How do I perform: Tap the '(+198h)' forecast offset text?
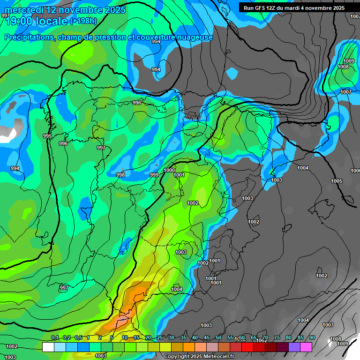(83, 21)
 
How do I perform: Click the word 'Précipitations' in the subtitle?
(29, 37)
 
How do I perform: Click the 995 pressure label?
(47, 136)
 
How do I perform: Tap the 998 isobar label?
(120, 175)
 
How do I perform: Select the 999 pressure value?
(154, 175)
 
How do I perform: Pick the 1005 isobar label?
(337, 181)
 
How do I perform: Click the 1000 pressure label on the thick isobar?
(169, 170)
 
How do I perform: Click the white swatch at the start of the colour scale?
(48, 347)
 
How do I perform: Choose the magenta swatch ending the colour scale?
(306, 347)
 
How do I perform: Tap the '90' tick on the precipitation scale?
(312, 338)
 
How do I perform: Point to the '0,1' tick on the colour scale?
(55, 338)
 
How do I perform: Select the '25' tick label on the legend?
(159, 338)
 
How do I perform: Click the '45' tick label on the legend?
(206, 338)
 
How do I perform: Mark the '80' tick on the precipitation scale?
(288, 338)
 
